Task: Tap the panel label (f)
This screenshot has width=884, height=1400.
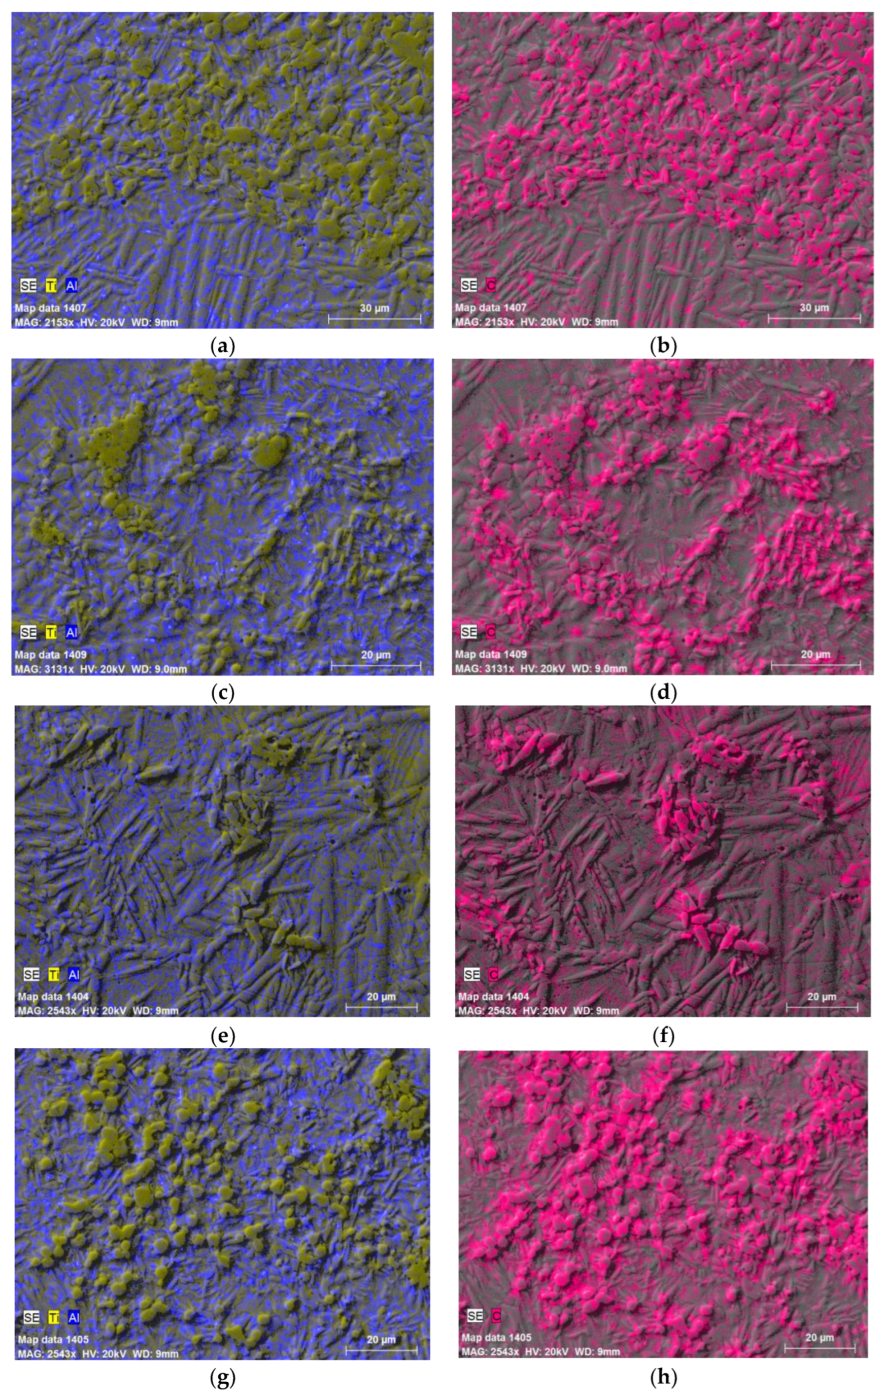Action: coord(663,1037)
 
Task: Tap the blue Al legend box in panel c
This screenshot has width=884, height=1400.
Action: coord(72,632)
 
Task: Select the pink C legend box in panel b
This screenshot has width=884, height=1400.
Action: coord(490,286)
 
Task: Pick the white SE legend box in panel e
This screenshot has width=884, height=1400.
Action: coord(31,974)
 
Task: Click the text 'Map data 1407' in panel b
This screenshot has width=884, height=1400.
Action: coord(490,307)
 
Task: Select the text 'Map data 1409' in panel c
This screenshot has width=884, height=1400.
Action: coord(51,655)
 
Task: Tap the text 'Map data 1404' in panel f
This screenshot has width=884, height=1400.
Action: coord(493,997)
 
